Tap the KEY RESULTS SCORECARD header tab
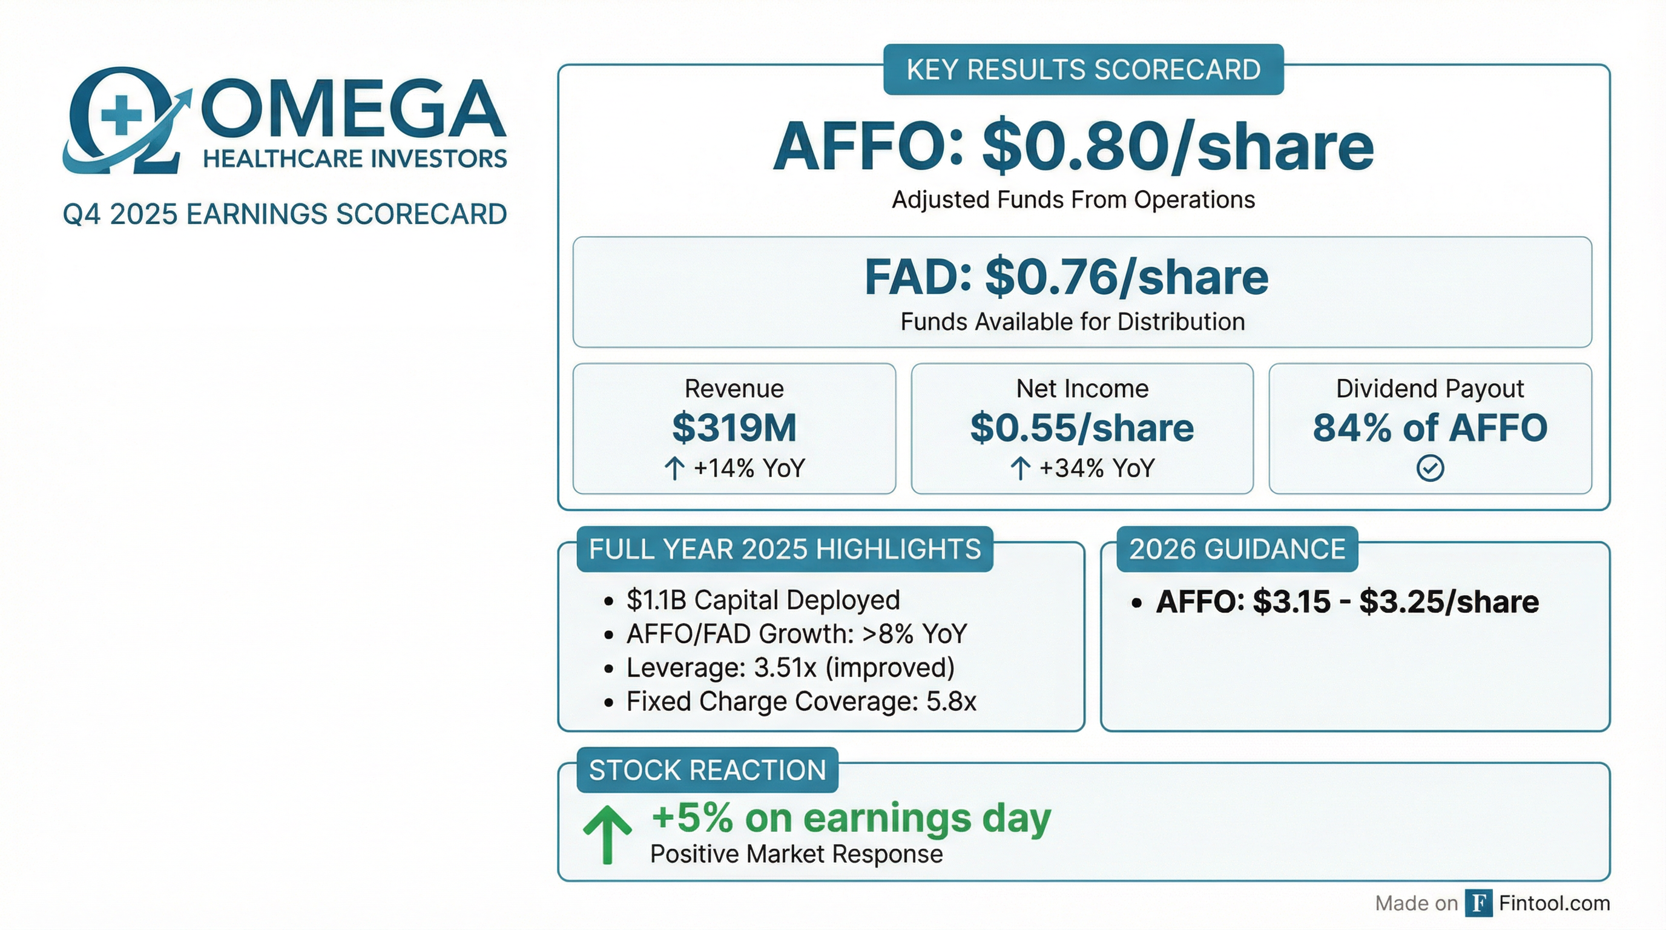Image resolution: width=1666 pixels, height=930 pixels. (1083, 70)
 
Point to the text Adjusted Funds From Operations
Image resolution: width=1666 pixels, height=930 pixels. (1073, 200)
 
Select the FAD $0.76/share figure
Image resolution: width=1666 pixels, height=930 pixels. (1067, 277)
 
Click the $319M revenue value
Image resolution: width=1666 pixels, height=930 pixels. (734, 427)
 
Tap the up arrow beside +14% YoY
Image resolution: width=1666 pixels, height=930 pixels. (674, 468)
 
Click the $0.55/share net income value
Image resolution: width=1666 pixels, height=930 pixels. (1082, 427)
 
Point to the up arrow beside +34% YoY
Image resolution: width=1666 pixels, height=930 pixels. (1021, 468)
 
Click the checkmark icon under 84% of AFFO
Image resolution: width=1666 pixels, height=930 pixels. (1430, 468)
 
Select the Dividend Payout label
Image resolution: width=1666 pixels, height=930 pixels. (1430, 389)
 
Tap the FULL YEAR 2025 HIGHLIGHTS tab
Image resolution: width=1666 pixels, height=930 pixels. (785, 549)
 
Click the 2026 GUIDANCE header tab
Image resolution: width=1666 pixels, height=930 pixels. (1237, 549)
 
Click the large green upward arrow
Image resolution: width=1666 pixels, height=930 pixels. (607, 834)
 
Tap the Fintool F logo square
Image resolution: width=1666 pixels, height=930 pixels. (1478, 903)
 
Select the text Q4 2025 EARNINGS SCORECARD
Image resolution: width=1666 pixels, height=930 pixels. (285, 214)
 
